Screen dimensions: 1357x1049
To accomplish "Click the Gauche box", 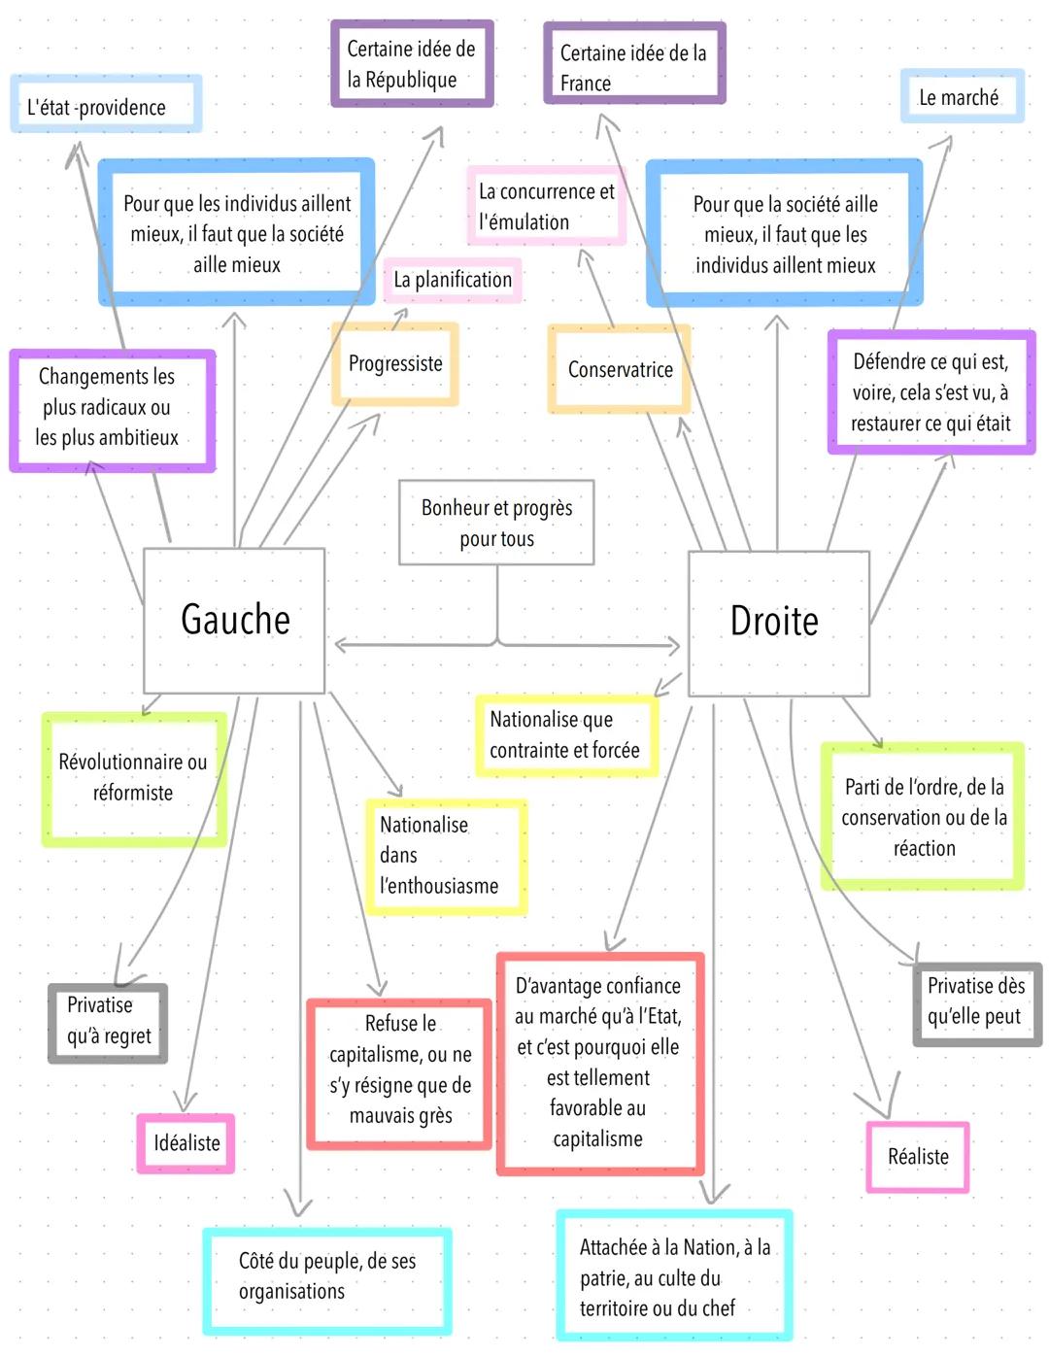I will tap(234, 620).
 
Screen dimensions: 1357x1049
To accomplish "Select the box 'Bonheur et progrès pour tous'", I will tap(496, 523).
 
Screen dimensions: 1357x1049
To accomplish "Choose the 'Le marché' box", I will tap(962, 96).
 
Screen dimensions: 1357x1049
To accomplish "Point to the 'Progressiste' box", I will tap(395, 364).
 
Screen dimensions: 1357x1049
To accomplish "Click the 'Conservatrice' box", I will tap(620, 369).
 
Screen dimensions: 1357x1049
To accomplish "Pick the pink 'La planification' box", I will tap(453, 280).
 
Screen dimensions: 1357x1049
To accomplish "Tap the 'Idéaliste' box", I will tap(186, 1143).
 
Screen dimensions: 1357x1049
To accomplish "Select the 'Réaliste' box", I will tap(918, 1156).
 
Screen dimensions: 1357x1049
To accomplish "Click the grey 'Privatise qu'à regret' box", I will tap(108, 1022).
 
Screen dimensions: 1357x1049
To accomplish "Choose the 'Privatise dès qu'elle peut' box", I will tap(976, 1001).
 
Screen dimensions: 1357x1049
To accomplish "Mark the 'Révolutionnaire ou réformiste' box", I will tap(133, 778).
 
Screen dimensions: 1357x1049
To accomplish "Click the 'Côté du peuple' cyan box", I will tap(327, 1276).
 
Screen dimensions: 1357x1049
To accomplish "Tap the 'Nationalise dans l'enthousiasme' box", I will tap(446, 856).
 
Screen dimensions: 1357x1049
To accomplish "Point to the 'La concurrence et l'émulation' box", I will tap(547, 206).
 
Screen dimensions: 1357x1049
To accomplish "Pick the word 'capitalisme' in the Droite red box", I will tap(597, 1139).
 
